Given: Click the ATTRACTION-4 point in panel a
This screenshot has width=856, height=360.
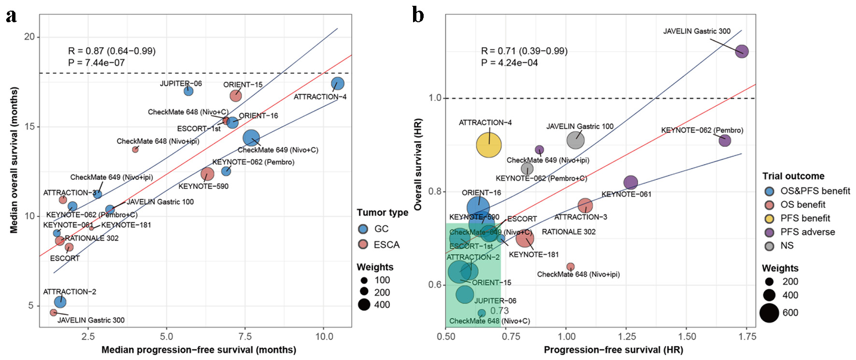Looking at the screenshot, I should click(338, 84).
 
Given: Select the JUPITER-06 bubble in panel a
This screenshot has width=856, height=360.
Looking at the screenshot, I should click(188, 91).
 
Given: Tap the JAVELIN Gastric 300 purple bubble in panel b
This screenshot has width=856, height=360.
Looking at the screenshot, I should click(742, 51).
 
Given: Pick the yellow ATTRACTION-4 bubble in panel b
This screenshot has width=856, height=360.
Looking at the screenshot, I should click(489, 145).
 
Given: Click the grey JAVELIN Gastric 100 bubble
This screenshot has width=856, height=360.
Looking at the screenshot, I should click(575, 140).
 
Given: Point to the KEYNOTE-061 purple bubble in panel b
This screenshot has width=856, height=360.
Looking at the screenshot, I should click(630, 183).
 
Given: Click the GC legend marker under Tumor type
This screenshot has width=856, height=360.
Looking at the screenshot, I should click(363, 229).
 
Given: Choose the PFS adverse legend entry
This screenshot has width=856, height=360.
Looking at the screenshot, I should click(807, 232).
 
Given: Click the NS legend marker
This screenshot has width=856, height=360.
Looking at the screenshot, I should click(770, 246).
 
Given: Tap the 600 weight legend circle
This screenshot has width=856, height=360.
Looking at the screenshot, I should click(769, 313).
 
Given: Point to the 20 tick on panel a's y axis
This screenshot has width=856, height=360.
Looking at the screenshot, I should click(29, 37).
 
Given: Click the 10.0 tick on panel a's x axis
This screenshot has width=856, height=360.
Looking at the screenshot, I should click(324, 336).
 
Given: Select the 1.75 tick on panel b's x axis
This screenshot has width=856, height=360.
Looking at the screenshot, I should click(747, 336).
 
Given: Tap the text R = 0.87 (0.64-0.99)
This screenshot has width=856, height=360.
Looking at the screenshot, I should click(112, 51).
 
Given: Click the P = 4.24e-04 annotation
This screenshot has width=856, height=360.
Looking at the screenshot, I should click(509, 63).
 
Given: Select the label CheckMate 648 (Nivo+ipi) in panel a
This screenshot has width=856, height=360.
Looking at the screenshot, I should click(157, 141).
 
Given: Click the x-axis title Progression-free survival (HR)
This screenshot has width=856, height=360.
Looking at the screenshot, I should click(613, 350).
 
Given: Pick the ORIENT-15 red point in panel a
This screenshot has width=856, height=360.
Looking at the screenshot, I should click(235, 96).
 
